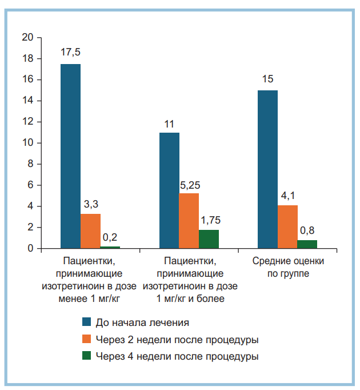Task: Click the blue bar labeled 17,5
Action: point(71,156)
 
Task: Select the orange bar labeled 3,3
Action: point(90,231)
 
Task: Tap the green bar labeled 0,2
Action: point(110,247)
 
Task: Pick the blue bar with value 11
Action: point(170,190)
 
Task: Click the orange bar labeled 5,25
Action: point(189,221)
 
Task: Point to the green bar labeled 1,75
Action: point(209,239)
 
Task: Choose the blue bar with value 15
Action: point(267,169)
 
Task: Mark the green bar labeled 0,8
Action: point(307,244)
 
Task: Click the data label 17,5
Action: point(71,53)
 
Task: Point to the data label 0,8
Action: point(307,231)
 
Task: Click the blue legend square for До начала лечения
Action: point(87,323)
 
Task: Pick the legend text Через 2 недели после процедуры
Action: point(177,340)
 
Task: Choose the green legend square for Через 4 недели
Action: point(87,356)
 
